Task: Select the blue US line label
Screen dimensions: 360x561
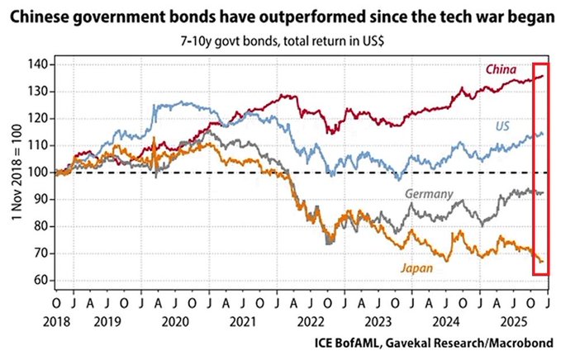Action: pos(502,126)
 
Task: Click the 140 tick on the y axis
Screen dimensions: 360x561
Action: pos(38,64)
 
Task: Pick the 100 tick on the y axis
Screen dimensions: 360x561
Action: pos(38,172)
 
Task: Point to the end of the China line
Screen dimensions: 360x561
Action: pos(543,76)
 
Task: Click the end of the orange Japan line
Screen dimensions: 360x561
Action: pos(543,262)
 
